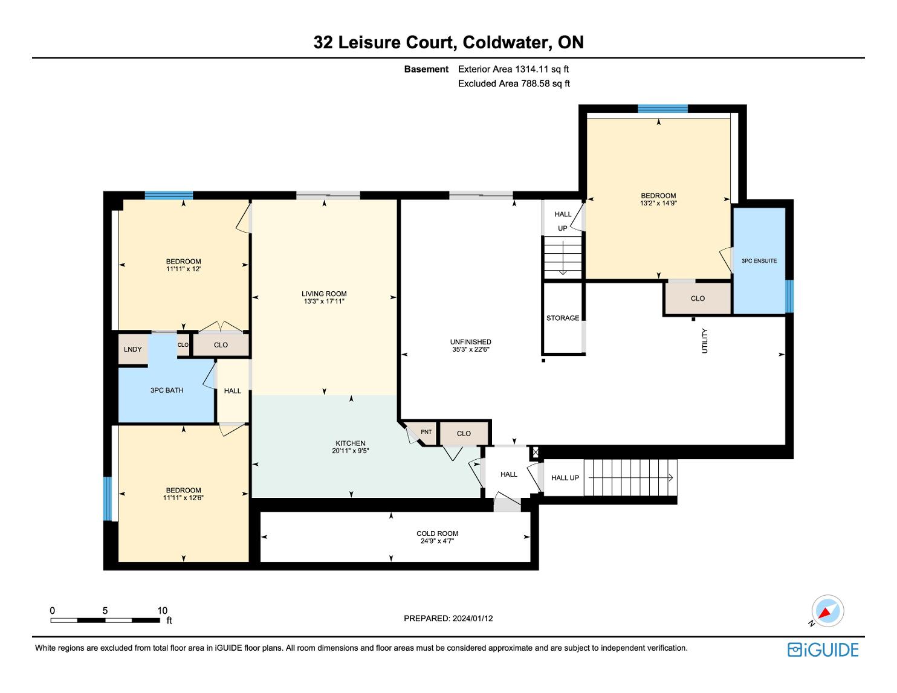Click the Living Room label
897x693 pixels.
point(324,294)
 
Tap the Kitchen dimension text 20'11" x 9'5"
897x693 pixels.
point(351,451)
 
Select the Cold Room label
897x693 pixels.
point(437,533)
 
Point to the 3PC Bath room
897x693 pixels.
point(167,390)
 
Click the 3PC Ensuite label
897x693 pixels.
point(759,261)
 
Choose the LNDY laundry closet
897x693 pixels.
point(132,349)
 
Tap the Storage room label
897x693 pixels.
point(563,318)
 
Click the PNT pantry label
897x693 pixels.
point(426,432)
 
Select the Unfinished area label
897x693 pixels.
point(471,342)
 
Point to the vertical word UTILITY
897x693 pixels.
point(705,341)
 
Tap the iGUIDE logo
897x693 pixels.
point(823,649)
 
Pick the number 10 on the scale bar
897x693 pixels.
point(162,610)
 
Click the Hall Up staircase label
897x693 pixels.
point(565,478)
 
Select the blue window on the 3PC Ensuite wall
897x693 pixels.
point(789,296)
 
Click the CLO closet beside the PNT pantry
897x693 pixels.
point(464,433)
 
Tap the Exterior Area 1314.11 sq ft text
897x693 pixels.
point(513,69)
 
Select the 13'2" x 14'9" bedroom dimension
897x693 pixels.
point(658,204)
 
